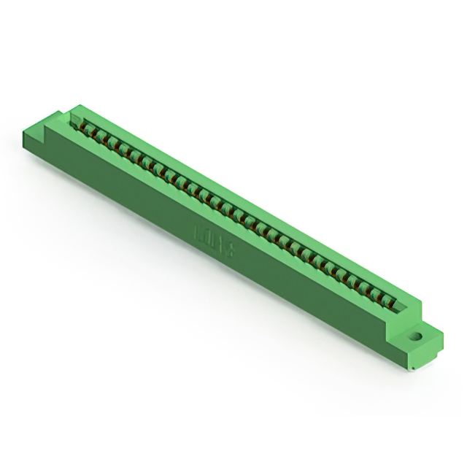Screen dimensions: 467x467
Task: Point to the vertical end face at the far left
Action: click(x=29, y=146)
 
